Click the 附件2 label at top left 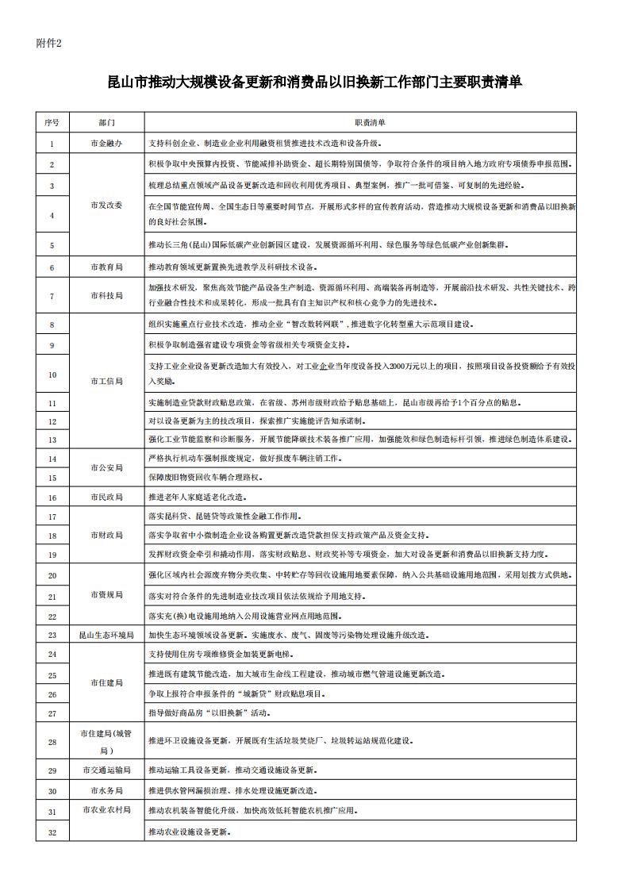pyautogui.click(x=48, y=43)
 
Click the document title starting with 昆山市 pyautogui.click(x=314, y=82)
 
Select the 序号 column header pyautogui.click(x=52, y=123)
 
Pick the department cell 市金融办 pyautogui.click(x=106, y=144)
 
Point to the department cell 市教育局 pyautogui.click(x=106, y=267)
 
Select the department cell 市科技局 pyautogui.click(x=106, y=295)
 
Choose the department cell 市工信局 pyautogui.click(x=106, y=382)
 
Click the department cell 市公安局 pyautogui.click(x=106, y=467)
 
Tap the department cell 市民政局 pyautogui.click(x=106, y=497)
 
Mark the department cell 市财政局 pyautogui.click(x=106, y=536)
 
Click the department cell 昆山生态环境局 pyautogui.click(x=106, y=635)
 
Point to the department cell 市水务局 pyautogui.click(x=106, y=791)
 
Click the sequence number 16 pyautogui.click(x=52, y=497)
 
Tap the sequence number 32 pyautogui.click(x=52, y=832)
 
